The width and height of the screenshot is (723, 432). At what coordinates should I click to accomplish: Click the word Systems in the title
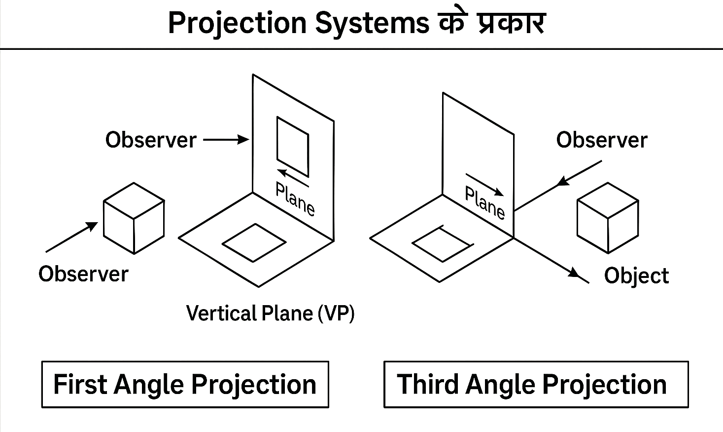pyautogui.click(x=372, y=23)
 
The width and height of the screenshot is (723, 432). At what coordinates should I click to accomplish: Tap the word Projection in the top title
pyautogui.click(x=237, y=23)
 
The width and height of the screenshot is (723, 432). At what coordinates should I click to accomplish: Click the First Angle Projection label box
pyautogui.click(x=185, y=385)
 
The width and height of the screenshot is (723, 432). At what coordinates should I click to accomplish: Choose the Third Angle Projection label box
pyautogui.click(x=536, y=385)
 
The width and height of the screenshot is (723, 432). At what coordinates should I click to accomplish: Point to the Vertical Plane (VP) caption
pyautogui.click(x=270, y=313)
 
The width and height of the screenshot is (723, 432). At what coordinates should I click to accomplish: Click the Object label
pyautogui.click(x=636, y=275)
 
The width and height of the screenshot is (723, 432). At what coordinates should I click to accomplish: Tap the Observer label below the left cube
pyautogui.click(x=83, y=274)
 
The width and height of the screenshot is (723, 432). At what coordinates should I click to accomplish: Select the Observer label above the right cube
pyautogui.click(x=601, y=140)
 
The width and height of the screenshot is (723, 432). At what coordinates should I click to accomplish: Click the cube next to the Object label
pyautogui.click(x=608, y=218)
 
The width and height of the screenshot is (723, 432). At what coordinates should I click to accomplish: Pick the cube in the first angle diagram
pyautogui.click(x=134, y=218)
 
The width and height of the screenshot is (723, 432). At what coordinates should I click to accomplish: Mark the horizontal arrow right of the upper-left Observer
pyautogui.click(x=226, y=140)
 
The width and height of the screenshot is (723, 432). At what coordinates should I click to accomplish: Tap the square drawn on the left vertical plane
pyautogui.click(x=293, y=146)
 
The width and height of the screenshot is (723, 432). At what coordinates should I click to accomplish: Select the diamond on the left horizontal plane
pyautogui.click(x=254, y=242)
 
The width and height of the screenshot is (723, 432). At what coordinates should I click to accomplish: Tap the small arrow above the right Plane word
pyautogui.click(x=485, y=185)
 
